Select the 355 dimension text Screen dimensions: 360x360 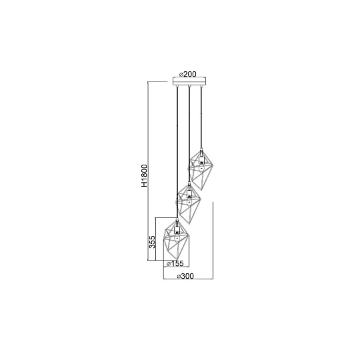point(153,241)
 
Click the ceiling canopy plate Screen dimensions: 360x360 point(189,83)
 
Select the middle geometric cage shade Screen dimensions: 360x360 point(189,201)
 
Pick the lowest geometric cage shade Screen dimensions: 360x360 point(175,237)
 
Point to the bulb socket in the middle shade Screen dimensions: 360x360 point(189,194)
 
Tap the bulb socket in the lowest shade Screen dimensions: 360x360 point(177,230)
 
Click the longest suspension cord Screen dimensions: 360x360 point(177,153)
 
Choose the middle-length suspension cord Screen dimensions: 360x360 point(189,133)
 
